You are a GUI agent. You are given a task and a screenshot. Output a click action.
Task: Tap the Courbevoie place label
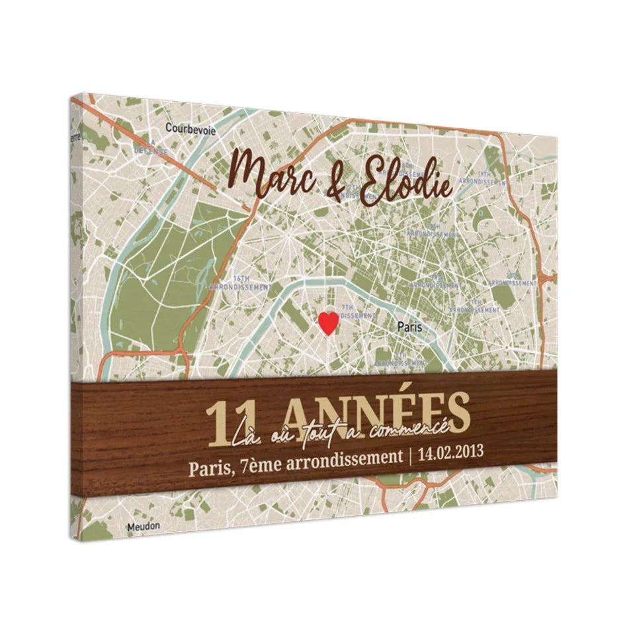pyautogui.click(x=190, y=129)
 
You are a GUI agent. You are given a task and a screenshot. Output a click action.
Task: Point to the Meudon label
pyautogui.click(x=140, y=527)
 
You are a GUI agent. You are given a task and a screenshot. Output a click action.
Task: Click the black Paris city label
pyautogui.click(x=409, y=326)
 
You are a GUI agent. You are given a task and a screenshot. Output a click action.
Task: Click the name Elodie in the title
pyautogui.click(x=404, y=179)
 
